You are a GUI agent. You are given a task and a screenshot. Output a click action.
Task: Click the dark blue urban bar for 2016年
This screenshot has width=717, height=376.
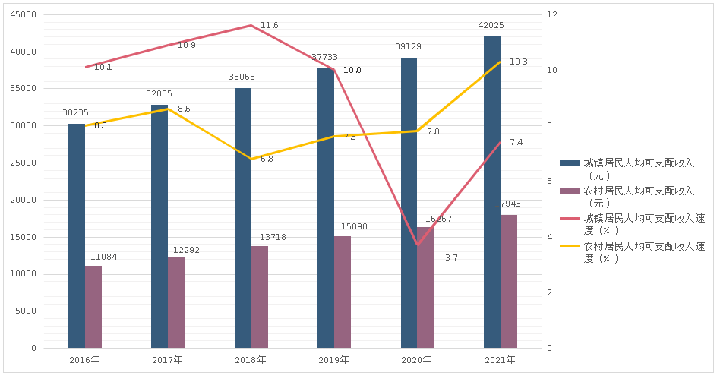[x=77, y=235]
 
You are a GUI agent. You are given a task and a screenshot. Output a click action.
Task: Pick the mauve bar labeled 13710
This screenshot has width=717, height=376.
[x=260, y=296]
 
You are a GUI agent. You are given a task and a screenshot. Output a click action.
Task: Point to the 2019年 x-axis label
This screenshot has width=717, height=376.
[x=333, y=359]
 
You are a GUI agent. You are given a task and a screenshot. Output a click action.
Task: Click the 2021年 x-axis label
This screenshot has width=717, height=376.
[x=500, y=359]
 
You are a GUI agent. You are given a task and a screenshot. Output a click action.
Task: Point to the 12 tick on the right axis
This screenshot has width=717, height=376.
[x=553, y=15]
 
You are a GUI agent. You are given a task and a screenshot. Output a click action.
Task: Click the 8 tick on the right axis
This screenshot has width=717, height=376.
[x=551, y=126]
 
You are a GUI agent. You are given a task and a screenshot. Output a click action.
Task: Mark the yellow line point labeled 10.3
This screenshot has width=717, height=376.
[x=501, y=62]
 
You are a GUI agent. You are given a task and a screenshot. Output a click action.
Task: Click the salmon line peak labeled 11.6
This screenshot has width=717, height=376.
[x=251, y=26]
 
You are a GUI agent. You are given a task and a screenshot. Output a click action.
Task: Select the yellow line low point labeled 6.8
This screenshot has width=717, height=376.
[x=251, y=160]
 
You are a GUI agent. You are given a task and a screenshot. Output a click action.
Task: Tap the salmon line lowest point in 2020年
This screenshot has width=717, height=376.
[x=417, y=245]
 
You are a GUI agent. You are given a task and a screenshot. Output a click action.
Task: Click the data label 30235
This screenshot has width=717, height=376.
[x=76, y=113]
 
